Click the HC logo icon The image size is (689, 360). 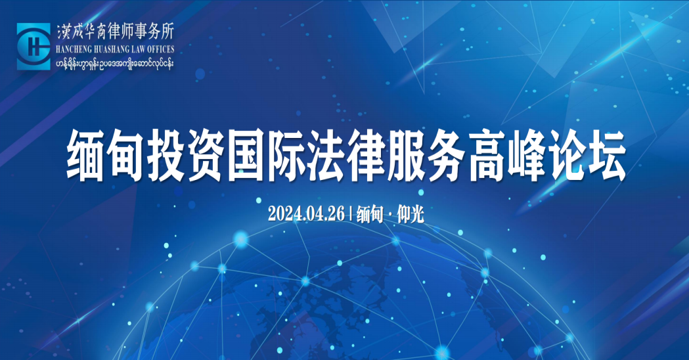click(33, 46)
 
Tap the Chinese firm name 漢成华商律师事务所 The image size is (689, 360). click(115, 32)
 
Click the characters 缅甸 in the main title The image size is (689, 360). click(105, 156)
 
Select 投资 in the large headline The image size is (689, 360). click(185, 156)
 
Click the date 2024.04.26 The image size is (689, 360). click(306, 214)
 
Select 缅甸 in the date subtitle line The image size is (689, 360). click(370, 214)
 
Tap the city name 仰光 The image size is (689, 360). click(411, 214)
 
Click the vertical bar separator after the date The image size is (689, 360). click(351, 214)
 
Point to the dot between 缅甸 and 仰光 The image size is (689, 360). click(390, 215)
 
